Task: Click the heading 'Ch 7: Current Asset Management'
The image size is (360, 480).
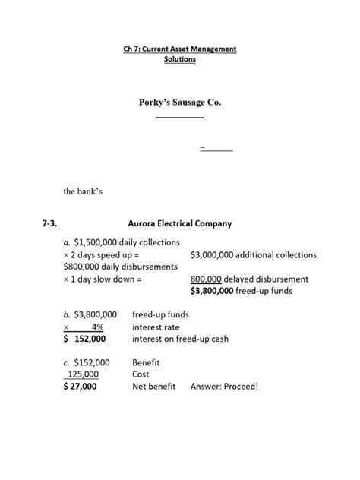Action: point(180,49)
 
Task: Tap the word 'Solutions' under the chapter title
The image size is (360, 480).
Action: point(180,58)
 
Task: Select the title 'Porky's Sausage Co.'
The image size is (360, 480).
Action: point(180,101)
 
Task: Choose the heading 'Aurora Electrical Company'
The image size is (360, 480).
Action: point(181,224)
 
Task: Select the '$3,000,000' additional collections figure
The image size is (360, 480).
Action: point(214,255)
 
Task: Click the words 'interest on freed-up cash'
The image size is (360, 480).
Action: point(180,339)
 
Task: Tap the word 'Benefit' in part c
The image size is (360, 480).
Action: point(147,363)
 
